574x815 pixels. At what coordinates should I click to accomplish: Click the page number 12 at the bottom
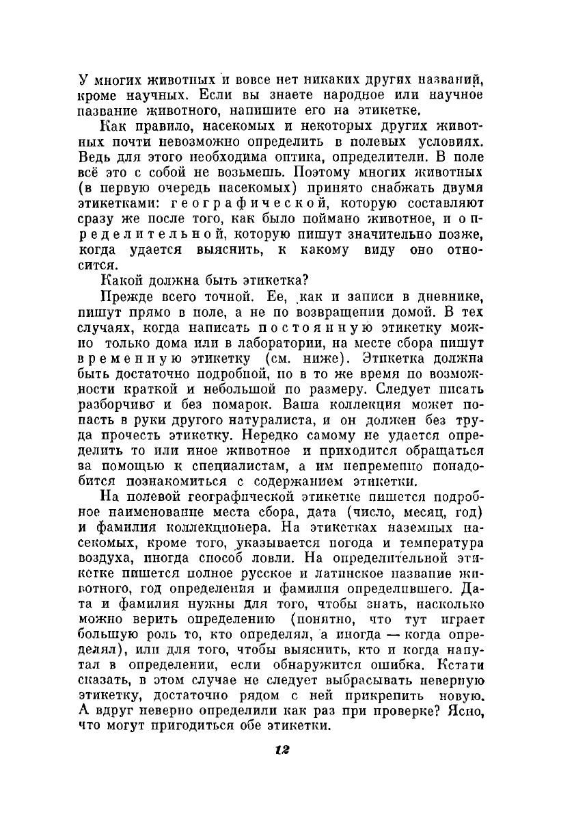(x=283, y=750)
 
